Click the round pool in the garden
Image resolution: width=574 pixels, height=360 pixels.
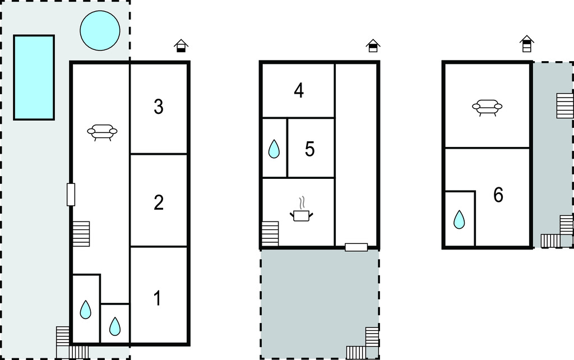[x=100, y=30]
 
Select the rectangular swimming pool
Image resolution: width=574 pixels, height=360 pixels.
[x=34, y=77]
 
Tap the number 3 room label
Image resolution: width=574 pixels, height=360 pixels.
[x=159, y=107]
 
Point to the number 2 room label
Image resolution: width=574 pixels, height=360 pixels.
[x=159, y=202]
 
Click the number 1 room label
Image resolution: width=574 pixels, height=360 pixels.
[x=158, y=298]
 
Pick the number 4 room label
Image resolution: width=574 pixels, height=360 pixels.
[x=299, y=90]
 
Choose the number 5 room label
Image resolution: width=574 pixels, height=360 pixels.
[x=309, y=149]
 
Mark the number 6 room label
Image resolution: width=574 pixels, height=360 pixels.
[x=498, y=195]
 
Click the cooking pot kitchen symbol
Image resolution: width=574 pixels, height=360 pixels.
[x=302, y=210]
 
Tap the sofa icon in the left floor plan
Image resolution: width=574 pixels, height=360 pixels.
[x=102, y=132]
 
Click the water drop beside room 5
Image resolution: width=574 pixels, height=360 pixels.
[x=274, y=149]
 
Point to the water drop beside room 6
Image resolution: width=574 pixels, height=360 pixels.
[x=459, y=219]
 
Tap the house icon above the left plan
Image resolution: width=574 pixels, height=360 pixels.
[x=181, y=46]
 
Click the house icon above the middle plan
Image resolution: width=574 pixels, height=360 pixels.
[x=373, y=46]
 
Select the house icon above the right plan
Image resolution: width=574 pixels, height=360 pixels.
[x=527, y=44]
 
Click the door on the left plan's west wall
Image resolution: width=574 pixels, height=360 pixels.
[x=71, y=195]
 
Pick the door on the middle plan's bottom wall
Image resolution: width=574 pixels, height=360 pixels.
[x=356, y=247]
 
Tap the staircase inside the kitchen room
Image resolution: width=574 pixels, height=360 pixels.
[x=270, y=233]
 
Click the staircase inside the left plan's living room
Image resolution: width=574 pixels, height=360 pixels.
[x=81, y=234]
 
